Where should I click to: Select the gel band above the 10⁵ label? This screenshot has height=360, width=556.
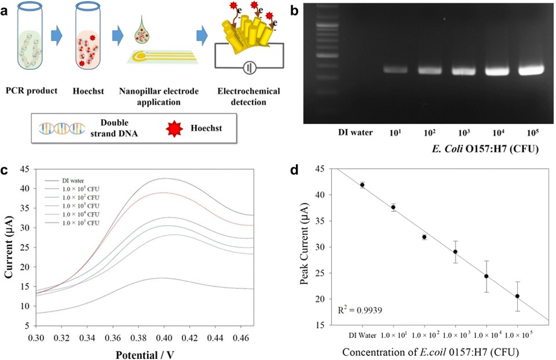coord(531,71)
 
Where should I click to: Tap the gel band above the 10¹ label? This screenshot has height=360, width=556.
coord(396,69)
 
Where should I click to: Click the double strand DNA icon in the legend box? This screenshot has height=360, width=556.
coord(58,126)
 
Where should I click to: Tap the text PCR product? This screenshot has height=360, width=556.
coord(32,91)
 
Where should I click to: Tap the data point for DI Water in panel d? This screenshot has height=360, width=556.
coord(362,185)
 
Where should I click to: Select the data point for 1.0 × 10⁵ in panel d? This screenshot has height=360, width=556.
coord(517,296)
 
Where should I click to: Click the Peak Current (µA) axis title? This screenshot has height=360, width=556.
coord(303,247)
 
